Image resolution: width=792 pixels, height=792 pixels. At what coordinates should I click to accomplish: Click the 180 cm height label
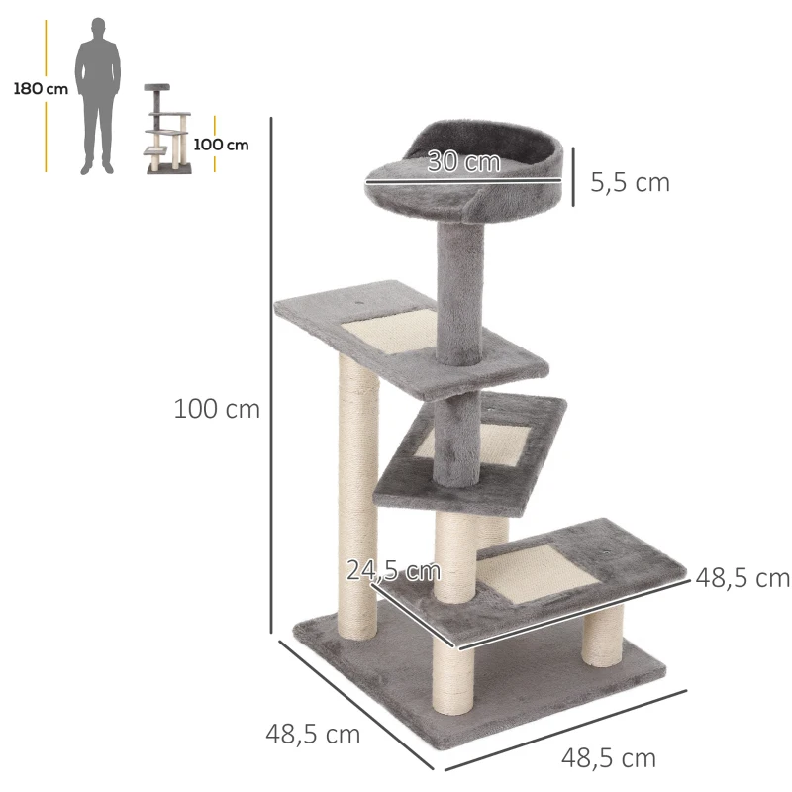(41, 89)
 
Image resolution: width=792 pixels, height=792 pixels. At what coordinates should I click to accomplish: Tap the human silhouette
(99, 95)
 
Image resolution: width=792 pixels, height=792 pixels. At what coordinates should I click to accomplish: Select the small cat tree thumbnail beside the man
(166, 131)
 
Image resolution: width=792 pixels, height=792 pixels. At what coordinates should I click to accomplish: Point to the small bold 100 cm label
(222, 145)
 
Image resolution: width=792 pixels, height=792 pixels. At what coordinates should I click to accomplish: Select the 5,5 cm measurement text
(630, 182)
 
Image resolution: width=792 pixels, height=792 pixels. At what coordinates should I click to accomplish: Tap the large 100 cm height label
(217, 409)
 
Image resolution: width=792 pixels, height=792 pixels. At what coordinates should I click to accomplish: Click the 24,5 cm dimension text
(393, 570)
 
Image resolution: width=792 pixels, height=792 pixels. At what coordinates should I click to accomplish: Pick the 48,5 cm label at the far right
(742, 578)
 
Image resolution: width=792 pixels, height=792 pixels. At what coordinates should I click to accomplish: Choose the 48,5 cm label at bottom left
(313, 735)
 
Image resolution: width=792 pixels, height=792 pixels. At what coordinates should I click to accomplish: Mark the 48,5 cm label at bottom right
(609, 758)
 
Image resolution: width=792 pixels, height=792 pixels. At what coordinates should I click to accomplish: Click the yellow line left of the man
(46, 95)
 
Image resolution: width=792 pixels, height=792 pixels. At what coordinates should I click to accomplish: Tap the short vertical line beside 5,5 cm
(572, 179)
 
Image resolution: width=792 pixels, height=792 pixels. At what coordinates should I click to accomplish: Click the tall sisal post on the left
(355, 495)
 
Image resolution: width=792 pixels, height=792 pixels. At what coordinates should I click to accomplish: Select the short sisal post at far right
(602, 634)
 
